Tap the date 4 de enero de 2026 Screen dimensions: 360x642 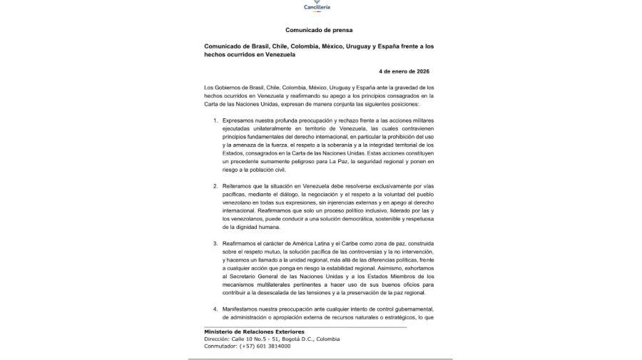click(x=404, y=71)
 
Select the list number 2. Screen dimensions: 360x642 click(x=216, y=185)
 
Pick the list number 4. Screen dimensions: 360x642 click(x=216, y=308)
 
